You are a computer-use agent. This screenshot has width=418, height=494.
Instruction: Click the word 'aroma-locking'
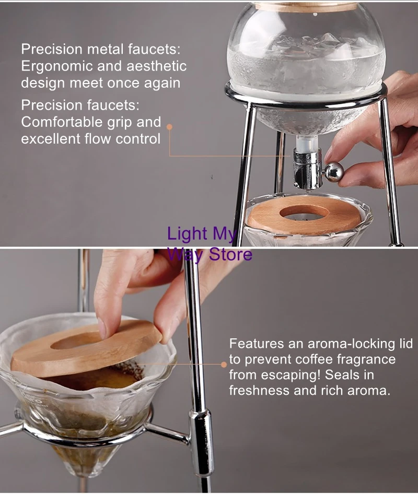344,344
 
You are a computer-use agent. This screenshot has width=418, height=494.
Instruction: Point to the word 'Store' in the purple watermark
231,254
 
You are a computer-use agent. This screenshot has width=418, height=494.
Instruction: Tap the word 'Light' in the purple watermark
187,234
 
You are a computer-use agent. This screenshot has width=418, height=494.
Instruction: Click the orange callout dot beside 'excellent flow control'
169,127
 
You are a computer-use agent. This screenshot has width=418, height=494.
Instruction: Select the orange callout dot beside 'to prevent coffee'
224,364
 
